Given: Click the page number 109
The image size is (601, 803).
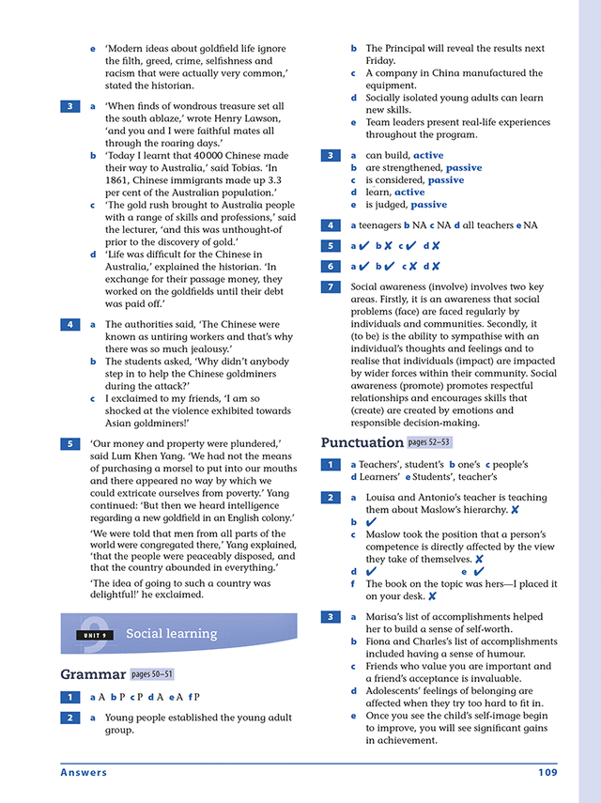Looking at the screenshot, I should click(547, 773).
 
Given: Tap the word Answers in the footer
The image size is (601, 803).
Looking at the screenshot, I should click(84, 773).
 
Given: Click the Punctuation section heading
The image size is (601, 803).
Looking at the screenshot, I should click(362, 442).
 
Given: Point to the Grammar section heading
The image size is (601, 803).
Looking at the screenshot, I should click(92, 674).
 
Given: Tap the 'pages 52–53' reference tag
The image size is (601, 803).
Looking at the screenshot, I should click(429, 442).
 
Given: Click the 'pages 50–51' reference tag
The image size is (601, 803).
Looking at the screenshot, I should click(151, 674).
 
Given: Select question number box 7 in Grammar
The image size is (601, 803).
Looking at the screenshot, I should click(331, 287).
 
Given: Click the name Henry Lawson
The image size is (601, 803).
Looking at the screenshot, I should click(254, 119).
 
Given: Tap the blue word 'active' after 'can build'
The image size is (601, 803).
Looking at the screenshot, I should click(428, 155).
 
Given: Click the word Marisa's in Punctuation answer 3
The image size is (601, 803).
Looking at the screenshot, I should click(386, 617).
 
